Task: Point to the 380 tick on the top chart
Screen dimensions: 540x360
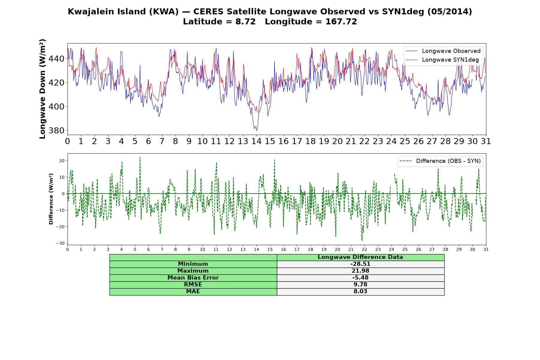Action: [x=56, y=130]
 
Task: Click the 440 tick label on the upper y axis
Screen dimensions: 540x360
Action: [x=56, y=59]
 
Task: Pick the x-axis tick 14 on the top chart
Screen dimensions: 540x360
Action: [x=256, y=141]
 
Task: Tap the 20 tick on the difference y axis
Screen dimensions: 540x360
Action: [x=62, y=161]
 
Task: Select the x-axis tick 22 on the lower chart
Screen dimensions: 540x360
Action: [x=364, y=249]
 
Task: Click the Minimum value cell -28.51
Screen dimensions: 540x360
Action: [x=360, y=264]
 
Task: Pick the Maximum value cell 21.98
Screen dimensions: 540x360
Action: [x=360, y=271]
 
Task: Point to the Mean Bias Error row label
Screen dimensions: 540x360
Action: [x=193, y=278]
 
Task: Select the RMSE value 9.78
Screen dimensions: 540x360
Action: [x=360, y=285]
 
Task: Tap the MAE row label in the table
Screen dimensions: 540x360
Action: [x=193, y=292]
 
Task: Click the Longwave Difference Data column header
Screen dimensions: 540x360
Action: [x=360, y=257]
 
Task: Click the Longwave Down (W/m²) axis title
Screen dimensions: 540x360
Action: [x=42, y=89]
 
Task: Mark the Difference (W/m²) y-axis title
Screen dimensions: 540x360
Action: [x=51, y=199]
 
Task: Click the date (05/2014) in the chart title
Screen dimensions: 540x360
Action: [x=449, y=12]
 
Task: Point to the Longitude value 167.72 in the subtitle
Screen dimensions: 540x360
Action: [x=341, y=22]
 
